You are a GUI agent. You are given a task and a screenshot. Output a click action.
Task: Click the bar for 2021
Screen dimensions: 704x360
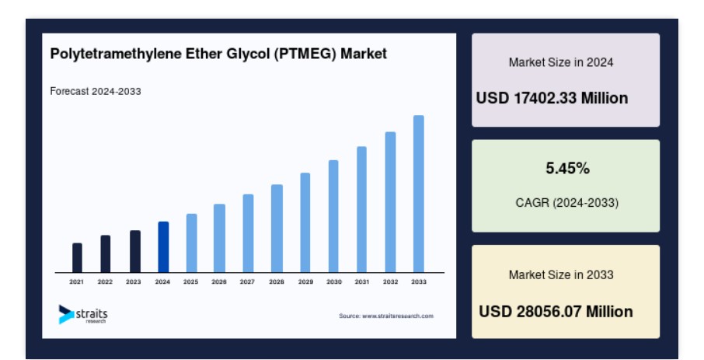point(77,257)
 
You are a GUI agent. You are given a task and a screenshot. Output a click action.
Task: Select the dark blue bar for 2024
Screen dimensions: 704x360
point(163,246)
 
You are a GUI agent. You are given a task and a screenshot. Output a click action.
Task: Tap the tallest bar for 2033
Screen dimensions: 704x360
point(419,194)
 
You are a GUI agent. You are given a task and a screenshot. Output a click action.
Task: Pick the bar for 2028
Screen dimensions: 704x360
point(277,229)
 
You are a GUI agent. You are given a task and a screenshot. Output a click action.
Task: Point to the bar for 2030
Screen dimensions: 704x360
point(333,216)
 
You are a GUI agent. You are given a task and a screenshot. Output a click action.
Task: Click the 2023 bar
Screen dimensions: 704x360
point(135,251)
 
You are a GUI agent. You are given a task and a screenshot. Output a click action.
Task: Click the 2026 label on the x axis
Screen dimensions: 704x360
point(219,281)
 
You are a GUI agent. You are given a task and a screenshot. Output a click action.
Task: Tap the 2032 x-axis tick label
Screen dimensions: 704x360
point(390,281)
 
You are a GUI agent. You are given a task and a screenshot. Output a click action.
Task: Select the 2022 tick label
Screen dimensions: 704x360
point(105,281)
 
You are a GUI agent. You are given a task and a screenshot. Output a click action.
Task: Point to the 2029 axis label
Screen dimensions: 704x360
point(305,281)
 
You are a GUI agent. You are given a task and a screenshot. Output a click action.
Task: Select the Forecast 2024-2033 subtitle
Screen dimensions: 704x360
point(96,91)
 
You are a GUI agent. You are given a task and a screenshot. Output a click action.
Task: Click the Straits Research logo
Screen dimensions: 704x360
point(83,314)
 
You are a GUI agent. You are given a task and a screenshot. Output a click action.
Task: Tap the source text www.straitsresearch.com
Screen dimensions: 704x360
point(398,316)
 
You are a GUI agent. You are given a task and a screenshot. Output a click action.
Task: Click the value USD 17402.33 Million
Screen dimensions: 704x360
point(552,98)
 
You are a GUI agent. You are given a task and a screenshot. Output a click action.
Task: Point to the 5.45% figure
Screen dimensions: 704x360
point(567,168)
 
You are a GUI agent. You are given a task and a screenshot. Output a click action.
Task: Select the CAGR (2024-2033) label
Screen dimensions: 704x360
point(567,203)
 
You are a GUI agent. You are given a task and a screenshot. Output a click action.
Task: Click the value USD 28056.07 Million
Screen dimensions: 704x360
point(556,312)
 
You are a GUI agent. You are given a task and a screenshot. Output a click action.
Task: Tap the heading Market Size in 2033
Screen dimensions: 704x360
point(561,274)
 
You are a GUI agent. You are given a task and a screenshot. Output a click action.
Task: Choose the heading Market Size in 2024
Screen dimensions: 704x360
point(561,62)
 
